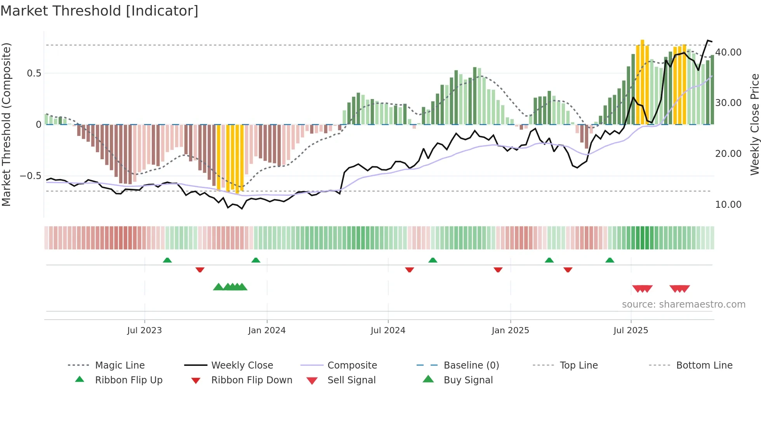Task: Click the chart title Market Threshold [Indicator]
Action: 99,11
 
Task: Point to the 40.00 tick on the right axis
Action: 728,52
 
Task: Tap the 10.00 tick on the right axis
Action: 728,204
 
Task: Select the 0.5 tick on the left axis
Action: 34,73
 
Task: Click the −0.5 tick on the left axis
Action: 30,176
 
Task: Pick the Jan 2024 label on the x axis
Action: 267,331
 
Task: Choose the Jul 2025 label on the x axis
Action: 631,331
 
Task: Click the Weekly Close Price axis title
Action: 754,124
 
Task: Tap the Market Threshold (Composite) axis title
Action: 6,124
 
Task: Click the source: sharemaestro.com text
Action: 683,304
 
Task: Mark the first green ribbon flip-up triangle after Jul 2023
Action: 167,260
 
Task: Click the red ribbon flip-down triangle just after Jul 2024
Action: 409,270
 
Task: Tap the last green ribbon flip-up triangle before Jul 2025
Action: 610,260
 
